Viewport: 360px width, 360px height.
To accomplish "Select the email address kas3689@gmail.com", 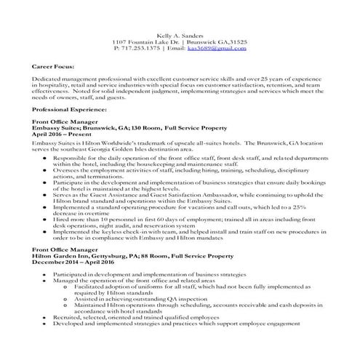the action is tap(217, 48).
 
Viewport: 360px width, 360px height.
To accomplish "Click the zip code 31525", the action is tap(239, 41).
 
